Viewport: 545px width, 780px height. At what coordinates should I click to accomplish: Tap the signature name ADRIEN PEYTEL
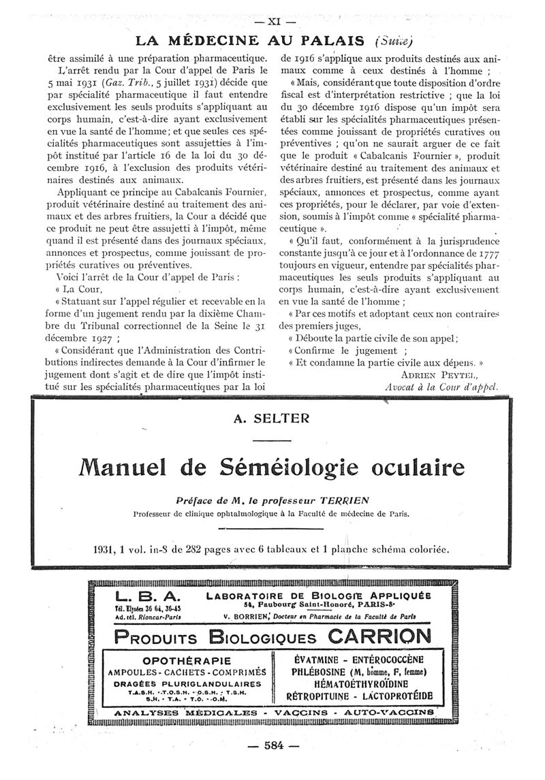pyautogui.click(x=440, y=374)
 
